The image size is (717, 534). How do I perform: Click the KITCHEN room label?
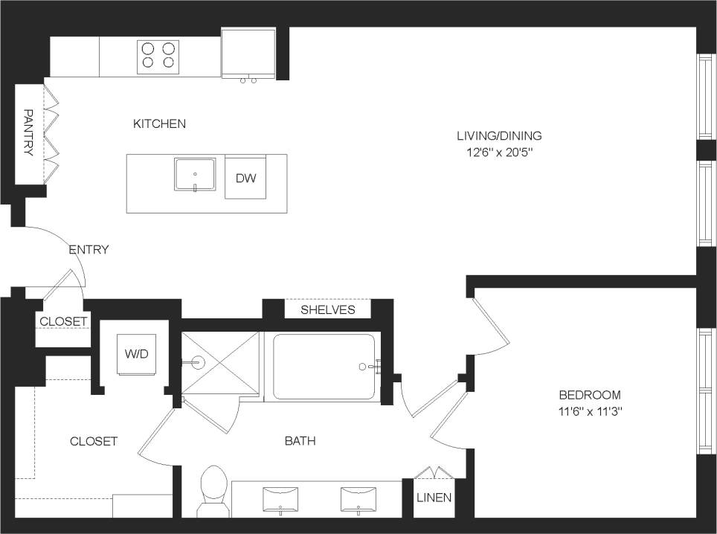pos(159,123)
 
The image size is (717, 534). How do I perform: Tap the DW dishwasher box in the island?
pos(245,178)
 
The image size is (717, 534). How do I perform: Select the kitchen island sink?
pos(195,175)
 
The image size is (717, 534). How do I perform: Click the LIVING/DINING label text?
pos(499,136)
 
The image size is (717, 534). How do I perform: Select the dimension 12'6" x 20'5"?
pos(499,152)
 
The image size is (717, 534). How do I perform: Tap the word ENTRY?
pos(89,250)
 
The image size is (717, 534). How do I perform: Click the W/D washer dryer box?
pos(136,354)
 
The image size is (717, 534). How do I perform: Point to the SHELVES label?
pos(327,309)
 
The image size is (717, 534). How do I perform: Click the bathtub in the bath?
pos(324,367)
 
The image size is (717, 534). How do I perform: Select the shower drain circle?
pos(198,364)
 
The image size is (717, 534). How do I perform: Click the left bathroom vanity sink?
pos(280,498)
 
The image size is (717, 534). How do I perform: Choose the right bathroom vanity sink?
pos(358,498)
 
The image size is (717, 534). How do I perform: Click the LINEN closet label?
pos(434,498)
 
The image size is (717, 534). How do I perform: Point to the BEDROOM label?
pos(590,395)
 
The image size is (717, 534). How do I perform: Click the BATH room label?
pos(300,441)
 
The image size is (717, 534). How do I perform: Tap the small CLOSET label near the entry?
pos(63,321)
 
